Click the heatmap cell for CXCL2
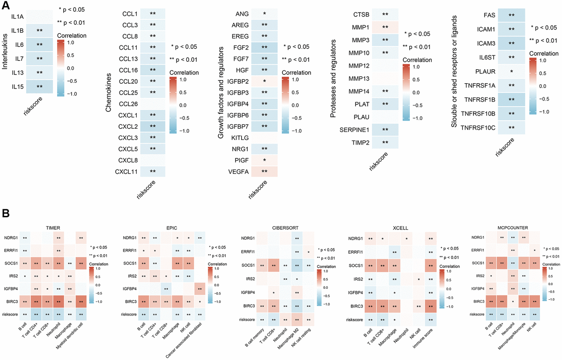[x=153, y=126]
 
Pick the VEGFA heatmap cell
[x=265, y=172]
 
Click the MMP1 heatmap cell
[x=385, y=28]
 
